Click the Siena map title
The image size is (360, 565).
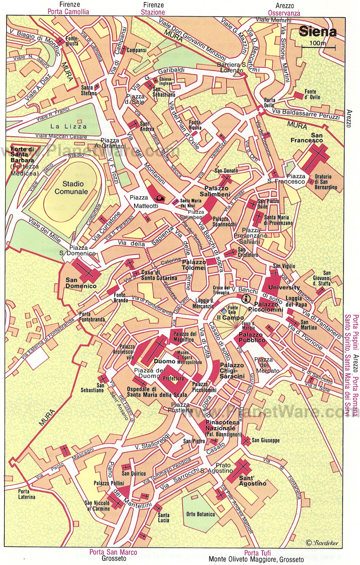(x=318, y=31)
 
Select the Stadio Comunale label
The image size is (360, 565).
(x=75, y=187)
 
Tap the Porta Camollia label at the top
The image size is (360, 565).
(x=68, y=11)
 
